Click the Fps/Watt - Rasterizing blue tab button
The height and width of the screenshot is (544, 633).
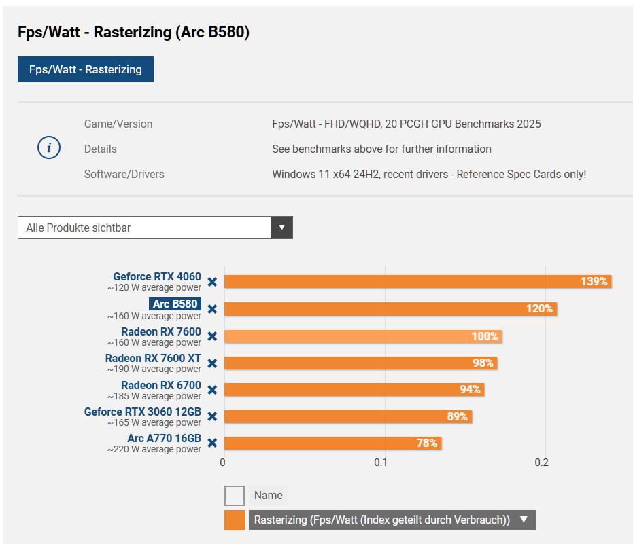coord(86,69)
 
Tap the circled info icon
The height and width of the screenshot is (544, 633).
coord(49,148)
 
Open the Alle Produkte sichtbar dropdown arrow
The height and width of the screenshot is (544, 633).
coord(281,228)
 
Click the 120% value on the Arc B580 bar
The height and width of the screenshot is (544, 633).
coord(539,309)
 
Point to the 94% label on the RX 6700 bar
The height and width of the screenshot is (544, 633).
coord(470,389)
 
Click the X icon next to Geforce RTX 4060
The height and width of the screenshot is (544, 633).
coord(212,282)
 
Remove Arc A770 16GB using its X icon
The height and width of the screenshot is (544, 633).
coord(212,443)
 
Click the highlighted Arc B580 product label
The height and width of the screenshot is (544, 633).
coord(175,304)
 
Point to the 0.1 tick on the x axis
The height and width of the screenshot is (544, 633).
coord(381,463)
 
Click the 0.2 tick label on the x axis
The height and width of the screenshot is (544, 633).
coord(541,463)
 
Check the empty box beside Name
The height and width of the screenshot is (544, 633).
coord(235,496)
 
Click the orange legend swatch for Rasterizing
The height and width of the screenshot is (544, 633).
coord(235,520)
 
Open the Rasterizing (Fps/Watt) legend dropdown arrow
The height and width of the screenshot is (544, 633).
coord(524,520)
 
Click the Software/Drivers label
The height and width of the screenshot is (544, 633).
coord(124,174)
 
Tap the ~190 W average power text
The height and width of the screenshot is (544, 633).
coord(154,369)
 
